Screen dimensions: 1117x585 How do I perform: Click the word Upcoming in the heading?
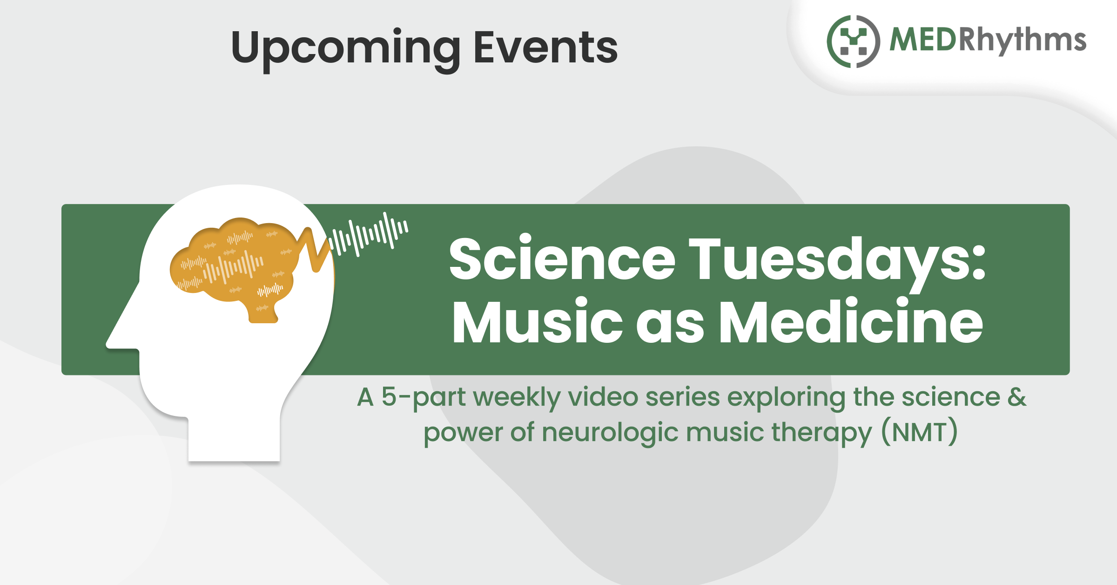pyautogui.click(x=346, y=48)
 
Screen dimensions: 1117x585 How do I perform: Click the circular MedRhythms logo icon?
pyautogui.click(x=853, y=41)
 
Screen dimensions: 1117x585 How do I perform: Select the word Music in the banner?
pyautogui.click(x=538, y=321)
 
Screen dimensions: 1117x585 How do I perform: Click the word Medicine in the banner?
pyautogui.click(x=851, y=321)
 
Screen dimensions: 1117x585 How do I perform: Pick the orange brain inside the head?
pyautogui.click(x=233, y=265)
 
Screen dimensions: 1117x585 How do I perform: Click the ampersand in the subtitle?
pyautogui.click(x=1017, y=396)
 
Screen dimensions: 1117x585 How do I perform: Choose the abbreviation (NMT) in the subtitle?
pyautogui.click(x=920, y=432)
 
